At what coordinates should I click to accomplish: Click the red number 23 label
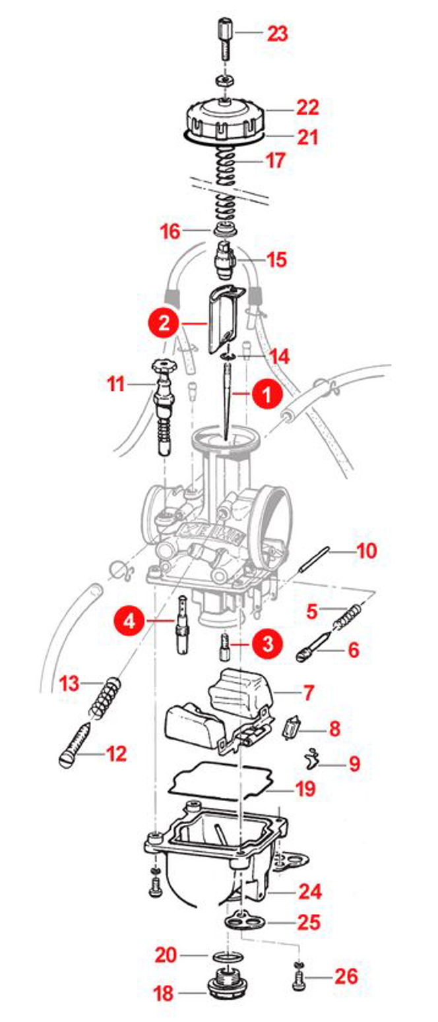point(278,34)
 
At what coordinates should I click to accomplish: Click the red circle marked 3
point(266,642)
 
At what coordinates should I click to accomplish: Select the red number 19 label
point(305,789)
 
